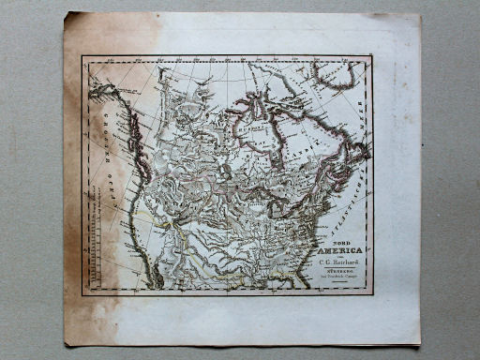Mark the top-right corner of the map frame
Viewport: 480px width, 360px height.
(x=372, y=58)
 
